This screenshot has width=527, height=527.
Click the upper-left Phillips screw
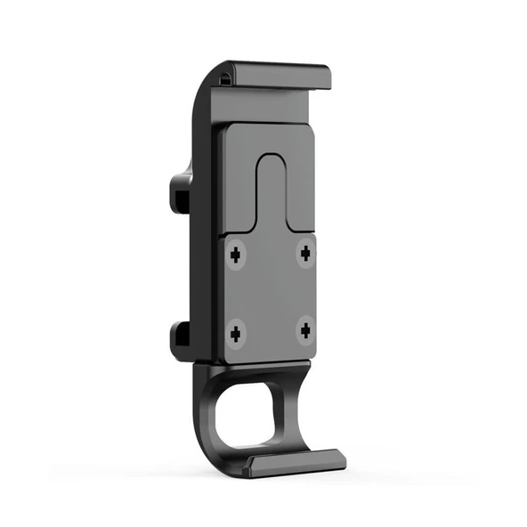(x=236, y=255)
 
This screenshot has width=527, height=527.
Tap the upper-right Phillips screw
(x=306, y=254)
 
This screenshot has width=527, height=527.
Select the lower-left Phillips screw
(x=236, y=335)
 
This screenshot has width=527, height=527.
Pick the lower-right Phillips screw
(x=305, y=331)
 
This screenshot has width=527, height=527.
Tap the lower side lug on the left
(x=178, y=337)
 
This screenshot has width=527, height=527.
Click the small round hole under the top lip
(x=224, y=78)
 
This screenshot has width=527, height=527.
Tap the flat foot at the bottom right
(x=298, y=459)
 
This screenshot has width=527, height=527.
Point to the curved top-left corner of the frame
(x=203, y=89)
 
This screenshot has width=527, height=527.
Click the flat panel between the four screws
(x=271, y=294)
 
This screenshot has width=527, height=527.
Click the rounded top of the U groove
(x=271, y=160)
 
